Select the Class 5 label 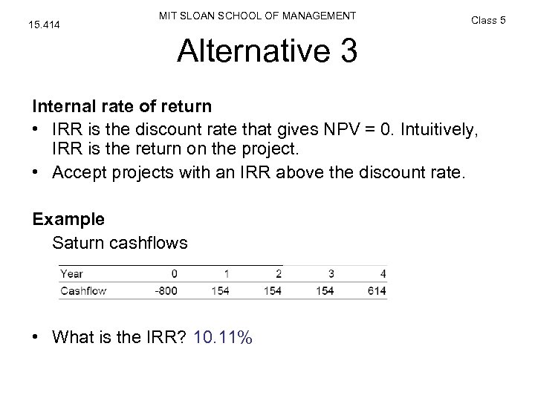click(x=488, y=20)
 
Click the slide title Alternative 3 click(x=267, y=52)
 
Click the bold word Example click(x=68, y=220)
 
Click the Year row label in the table click(x=71, y=273)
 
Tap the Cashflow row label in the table click(x=84, y=290)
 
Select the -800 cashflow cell click(x=165, y=290)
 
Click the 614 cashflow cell click(x=376, y=290)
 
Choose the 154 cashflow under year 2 click(x=272, y=290)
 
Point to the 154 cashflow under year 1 click(x=220, y=290)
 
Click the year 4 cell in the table click(x=382, y=273)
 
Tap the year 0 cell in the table click(x=174, y=273)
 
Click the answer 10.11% click(x=222, y=338)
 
